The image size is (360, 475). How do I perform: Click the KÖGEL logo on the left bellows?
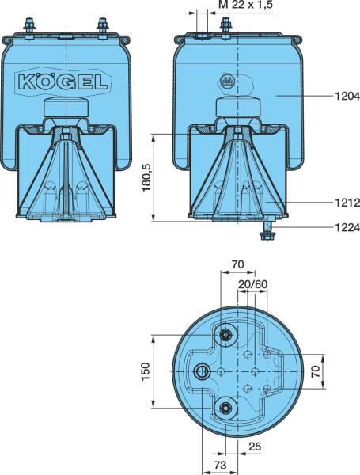(x=63, y=82)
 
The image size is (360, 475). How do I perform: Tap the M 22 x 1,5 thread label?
(x=245, y=5)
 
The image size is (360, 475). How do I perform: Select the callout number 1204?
(x=347, y=96)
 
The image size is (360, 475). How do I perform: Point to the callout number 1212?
(x=347, y=203)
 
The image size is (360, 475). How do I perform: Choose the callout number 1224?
(x=347, y=227)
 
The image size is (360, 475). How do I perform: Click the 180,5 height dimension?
(x=147, y=178)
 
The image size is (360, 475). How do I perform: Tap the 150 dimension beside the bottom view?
(x=146, y=371)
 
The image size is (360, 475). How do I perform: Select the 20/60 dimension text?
(x=253, y=284)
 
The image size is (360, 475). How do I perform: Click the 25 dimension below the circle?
(x=255, y=446)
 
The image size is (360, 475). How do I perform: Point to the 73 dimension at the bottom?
(x=220, y=465)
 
